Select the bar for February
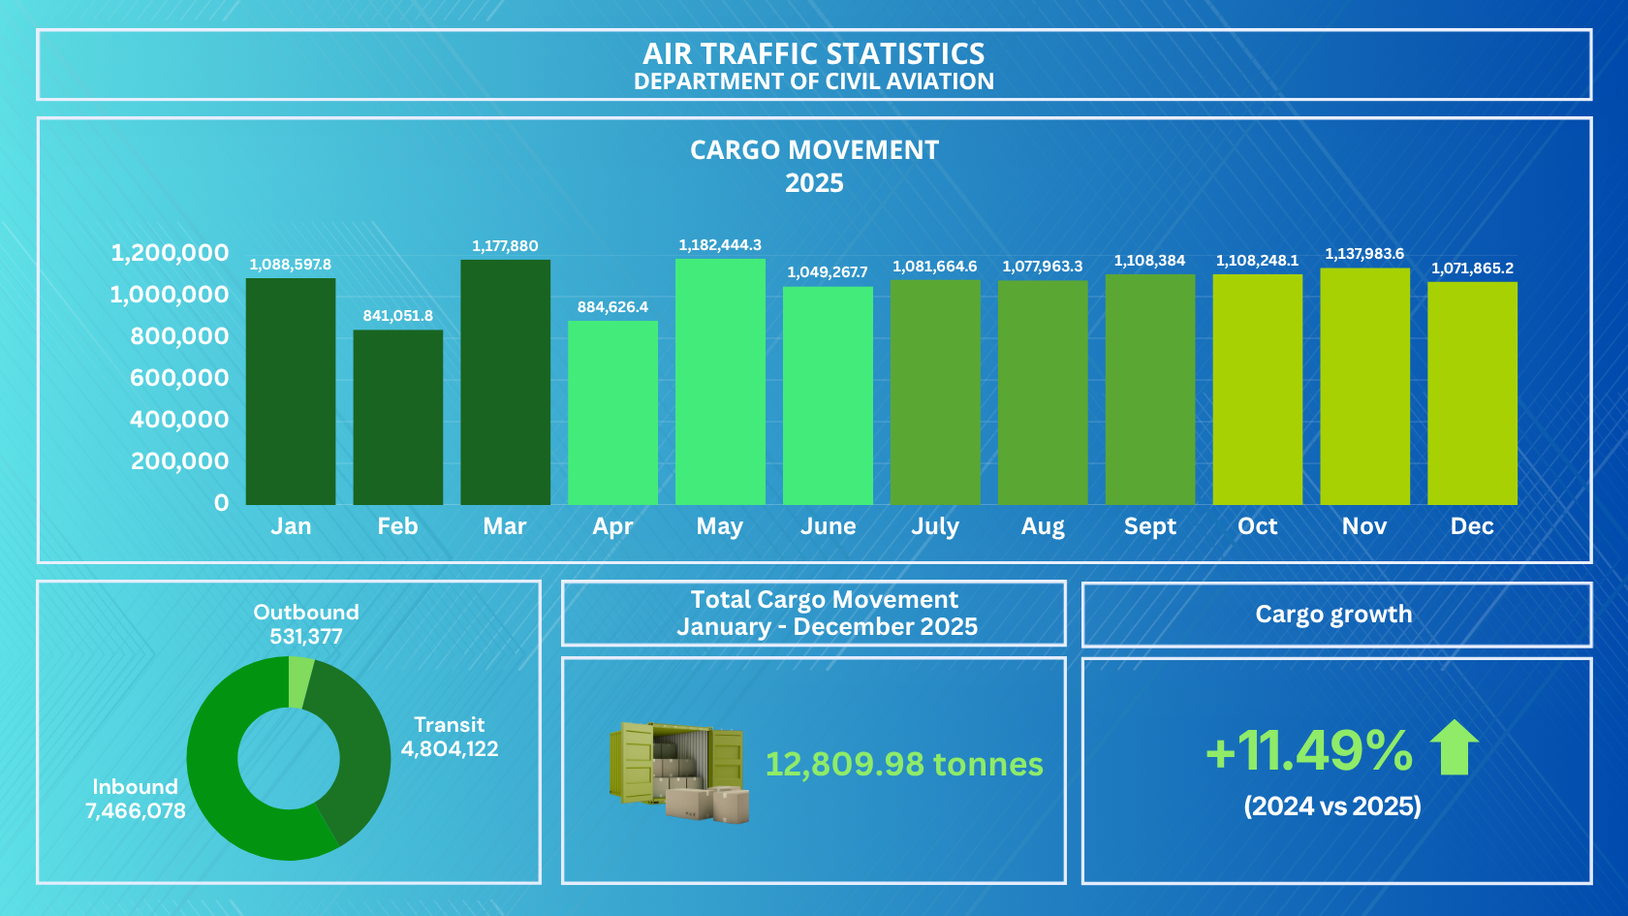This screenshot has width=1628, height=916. click(x=398, y=417)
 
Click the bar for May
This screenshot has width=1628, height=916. click(x=720, y=382)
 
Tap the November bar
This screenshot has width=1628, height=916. click(x=1364, y=387)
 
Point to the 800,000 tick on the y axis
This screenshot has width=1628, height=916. click(x=179, y=335)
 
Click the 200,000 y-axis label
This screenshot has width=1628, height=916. click(x=179, y=461)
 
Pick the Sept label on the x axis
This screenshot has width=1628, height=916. click(x=1149, y=526)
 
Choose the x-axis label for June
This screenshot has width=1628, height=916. click(x=828, y=526)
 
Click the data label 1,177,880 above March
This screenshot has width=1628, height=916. click(x=505, y=246)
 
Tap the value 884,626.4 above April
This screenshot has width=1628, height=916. click(x=612, y=306)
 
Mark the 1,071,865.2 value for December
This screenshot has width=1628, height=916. click(x=1473, y=268)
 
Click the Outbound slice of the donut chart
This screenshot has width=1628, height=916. click(x=299, y=682)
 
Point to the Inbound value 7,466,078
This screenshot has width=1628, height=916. click(x=136, y=810)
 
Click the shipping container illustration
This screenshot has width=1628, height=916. click(x=678, y=773)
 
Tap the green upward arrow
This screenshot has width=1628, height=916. click(x=1454, y=747)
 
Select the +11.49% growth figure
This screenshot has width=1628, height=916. click(x=1309, y=750)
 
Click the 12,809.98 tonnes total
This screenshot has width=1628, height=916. click(x=904, y=764)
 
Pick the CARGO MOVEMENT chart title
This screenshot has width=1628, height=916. click(x=814, y=149)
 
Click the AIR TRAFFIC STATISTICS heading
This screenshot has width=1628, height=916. click(x=814, y=54)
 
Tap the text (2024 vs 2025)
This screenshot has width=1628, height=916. click(x=1332, y=806)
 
